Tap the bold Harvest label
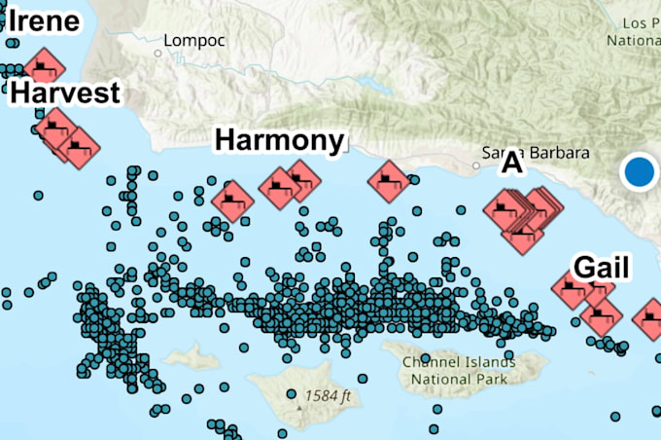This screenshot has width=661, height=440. tap(66, 92)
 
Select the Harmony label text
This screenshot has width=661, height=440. tap(280, 140)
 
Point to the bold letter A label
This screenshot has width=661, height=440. tap(511, 165)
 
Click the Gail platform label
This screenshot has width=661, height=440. tap(602, 267)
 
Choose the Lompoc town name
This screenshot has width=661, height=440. tap(194, 41)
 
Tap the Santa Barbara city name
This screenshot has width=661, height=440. tap(538, 154)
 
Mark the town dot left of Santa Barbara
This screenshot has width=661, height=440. tap(475, 165)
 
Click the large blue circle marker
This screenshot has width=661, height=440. tap(639, 171)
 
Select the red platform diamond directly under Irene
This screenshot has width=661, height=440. tap(44, 68)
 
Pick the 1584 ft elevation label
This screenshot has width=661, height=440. tap(327, 395)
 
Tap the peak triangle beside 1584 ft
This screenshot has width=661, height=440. tap(292, 395)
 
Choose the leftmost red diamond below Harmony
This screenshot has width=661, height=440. tap(232, 201)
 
